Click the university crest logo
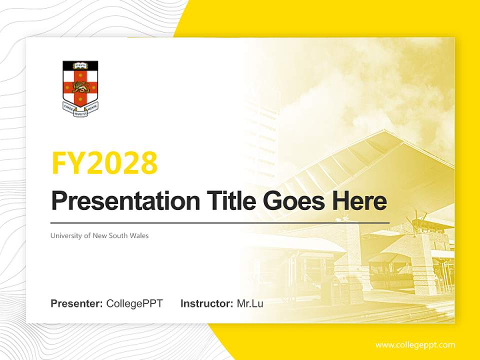pos(80,88)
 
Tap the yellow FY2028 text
pos(104,163)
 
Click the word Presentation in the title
pos(118,201)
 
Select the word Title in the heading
pos(228,201)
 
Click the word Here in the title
pos(359,201)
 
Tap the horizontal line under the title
pos(220,222)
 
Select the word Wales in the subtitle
pos(139,235)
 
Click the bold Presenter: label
pos(77,303)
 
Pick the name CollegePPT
pos(134,303)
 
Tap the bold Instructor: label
pos(206,303)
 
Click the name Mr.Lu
pos(250,303)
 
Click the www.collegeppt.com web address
pos(415,345)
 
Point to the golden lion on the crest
pos(80,87)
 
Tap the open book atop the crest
pos(80,65)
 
